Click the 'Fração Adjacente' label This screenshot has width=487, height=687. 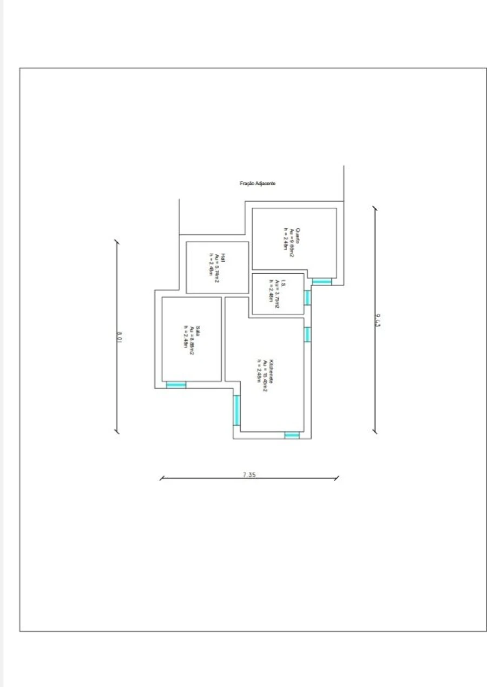tap(258, 183)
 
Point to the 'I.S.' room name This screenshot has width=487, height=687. tap(283, 283)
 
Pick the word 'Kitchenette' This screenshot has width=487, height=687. tap(272, 371)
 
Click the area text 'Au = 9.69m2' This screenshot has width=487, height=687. tap(291, 242)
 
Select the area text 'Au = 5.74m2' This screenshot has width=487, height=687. tap(216, 268)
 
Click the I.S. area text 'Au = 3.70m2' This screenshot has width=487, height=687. tap(277, 294)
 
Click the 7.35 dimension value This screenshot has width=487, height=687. tap(249, 474)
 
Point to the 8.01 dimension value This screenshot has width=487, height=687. tap(120, 336)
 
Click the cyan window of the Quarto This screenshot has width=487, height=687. tap(323, 281)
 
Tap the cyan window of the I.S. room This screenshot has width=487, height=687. tap(307, 298)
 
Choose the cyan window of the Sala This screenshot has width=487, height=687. tap(176, 385)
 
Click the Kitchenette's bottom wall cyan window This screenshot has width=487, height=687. tap(292, 435)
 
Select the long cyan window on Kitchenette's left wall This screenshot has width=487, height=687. tap(236, 410)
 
